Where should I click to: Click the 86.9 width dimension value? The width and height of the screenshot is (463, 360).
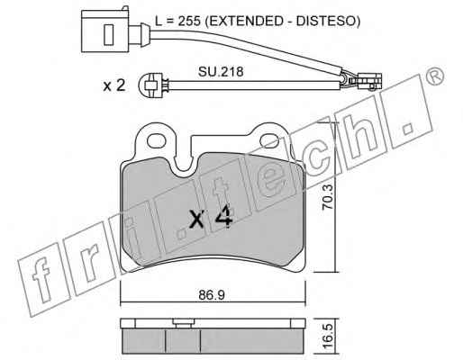click(212, 295)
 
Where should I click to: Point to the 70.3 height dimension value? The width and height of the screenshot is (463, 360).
click(327, 197)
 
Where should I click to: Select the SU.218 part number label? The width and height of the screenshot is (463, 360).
click(221, 72)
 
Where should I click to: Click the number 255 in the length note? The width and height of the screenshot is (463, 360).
click(189, 21)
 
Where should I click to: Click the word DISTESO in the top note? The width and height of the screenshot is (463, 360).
click(325, 21)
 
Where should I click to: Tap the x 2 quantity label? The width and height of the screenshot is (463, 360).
click(114, 86)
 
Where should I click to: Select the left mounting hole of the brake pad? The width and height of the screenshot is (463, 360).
click(156, 140)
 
